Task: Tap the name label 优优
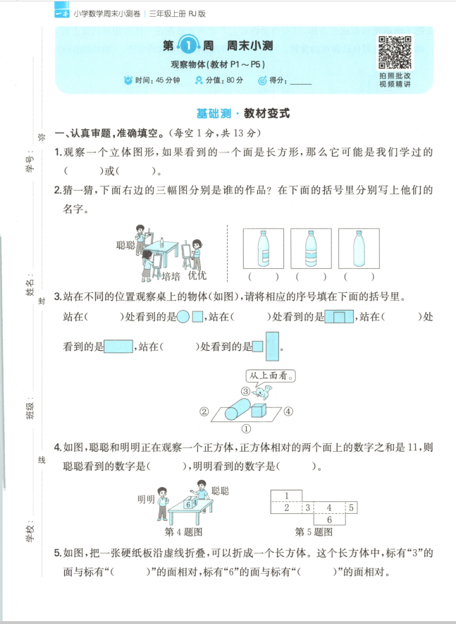point(197,275)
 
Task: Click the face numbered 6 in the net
point(328,519)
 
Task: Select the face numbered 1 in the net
point(288,495)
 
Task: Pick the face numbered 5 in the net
point(352,508)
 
